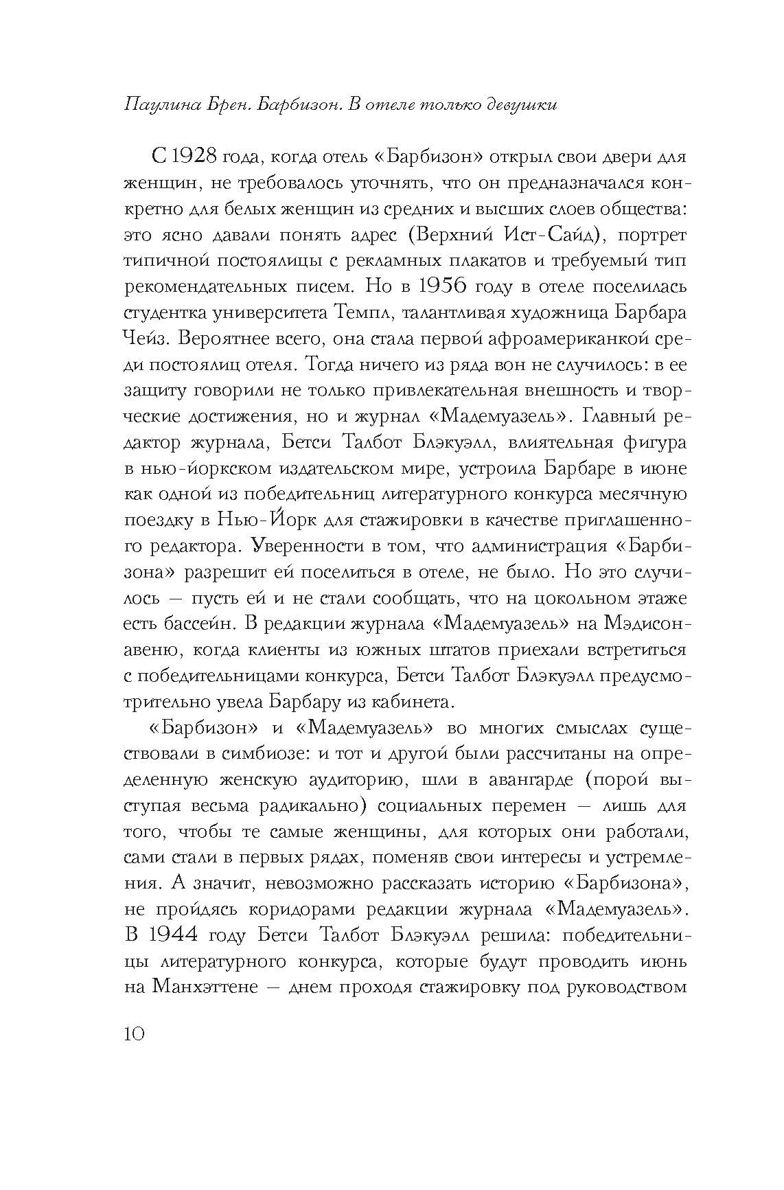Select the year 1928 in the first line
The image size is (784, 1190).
click(203, 157)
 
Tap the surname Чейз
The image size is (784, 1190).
click(145, 337)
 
